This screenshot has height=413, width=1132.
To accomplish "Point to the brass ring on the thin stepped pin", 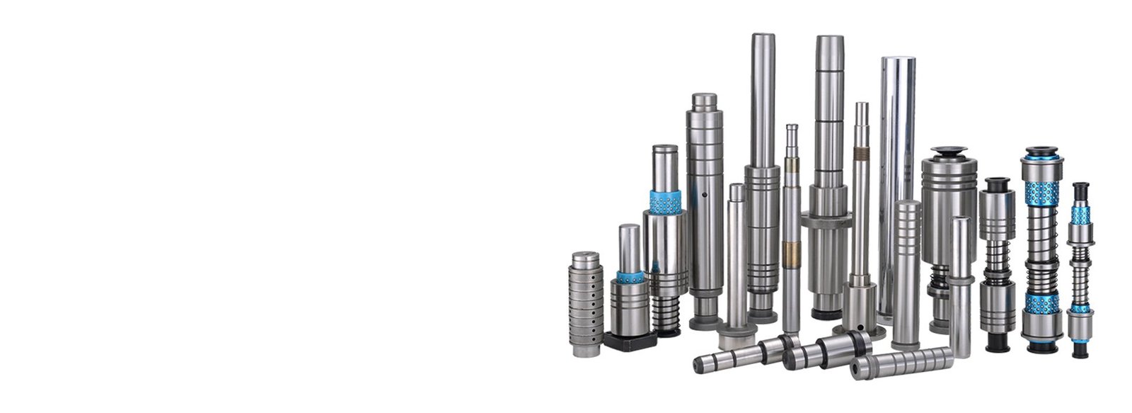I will (791, 249).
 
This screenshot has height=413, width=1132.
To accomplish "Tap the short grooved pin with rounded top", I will (906, 269).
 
